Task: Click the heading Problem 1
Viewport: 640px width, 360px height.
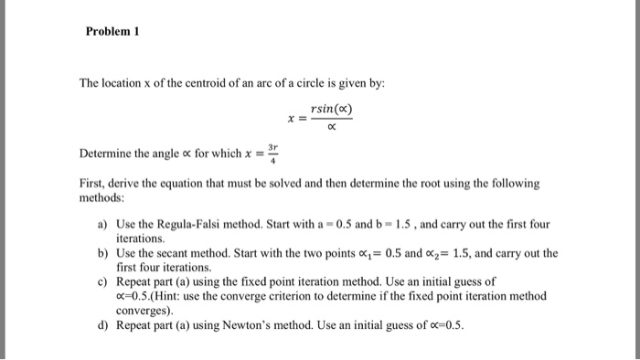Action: tap(112, 30)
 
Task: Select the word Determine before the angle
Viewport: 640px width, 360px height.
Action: tap(106, 154)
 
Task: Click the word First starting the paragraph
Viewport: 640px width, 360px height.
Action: tap(92, 184)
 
